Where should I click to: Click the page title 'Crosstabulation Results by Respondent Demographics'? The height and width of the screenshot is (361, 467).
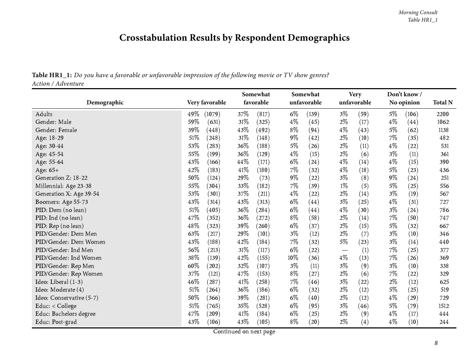[x=234, y=38]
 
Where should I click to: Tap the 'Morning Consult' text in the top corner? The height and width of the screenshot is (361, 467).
[x=418, y=12]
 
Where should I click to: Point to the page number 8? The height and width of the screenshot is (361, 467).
[x=436, y=343]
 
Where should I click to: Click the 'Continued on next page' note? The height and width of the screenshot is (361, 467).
[x=244, y=331]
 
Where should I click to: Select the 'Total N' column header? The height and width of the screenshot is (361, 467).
[x=443, y=102]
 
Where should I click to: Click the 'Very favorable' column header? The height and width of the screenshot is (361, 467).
[x=206, y=102]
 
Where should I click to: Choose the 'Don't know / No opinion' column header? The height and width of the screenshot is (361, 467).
[x=404, y=98]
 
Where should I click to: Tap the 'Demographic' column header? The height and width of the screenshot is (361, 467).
[x=105, y=102]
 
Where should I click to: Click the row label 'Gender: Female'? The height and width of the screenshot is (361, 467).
[x=56, y=130]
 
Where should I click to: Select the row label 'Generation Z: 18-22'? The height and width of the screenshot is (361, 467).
[x=61, y=178]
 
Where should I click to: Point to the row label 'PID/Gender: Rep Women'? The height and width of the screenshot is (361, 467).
[x=69, y=274]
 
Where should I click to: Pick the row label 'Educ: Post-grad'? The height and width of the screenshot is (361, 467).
[x=56, y=322]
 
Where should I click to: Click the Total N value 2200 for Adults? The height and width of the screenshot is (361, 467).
[x=442, y=114]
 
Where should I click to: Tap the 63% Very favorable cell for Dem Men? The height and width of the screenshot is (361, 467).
[x=193, y=234]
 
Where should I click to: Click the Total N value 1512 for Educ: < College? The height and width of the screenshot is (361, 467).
[x=444, y=306]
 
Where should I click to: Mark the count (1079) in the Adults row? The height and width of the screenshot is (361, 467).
[x=212, y=114]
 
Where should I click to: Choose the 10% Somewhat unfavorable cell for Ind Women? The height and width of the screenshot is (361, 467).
[x=293, y=258]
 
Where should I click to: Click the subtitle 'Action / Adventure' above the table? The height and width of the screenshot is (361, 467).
[x=58, y=84]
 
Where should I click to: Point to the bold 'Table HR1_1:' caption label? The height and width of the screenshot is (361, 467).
[x=52, y=75]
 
